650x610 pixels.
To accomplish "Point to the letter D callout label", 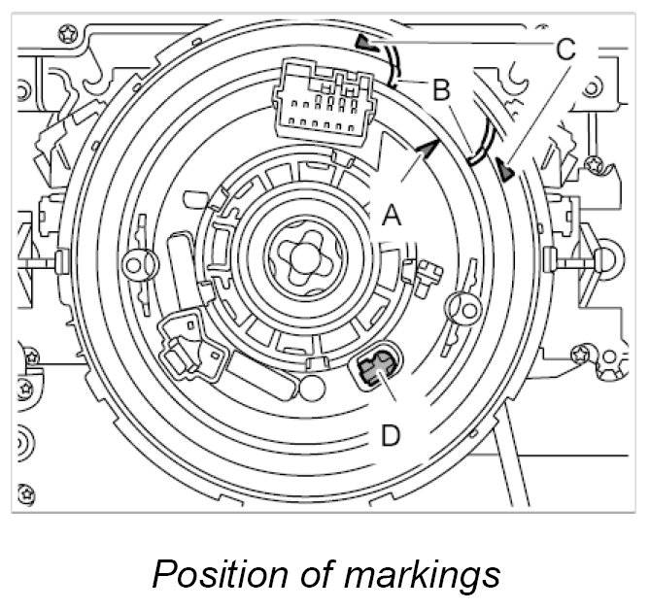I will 390,435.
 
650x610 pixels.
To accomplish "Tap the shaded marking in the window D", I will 374,367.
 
